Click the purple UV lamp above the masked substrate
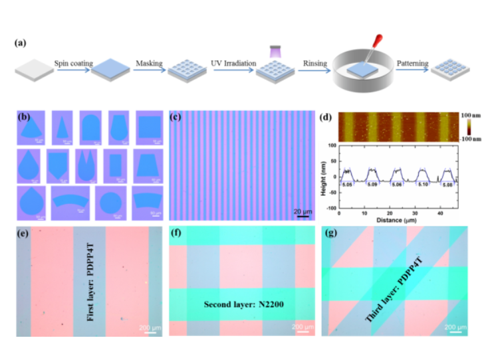[275, 49]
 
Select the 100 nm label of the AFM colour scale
[471, 115]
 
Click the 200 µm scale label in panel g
[455, 327]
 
